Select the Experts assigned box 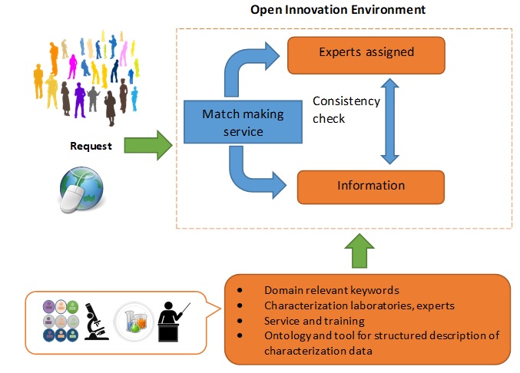[366, 53]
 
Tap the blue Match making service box [243, 122]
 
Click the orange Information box [371, 186]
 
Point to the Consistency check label [346, 110]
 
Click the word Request [91, 146]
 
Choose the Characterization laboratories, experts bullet [359, 305]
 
